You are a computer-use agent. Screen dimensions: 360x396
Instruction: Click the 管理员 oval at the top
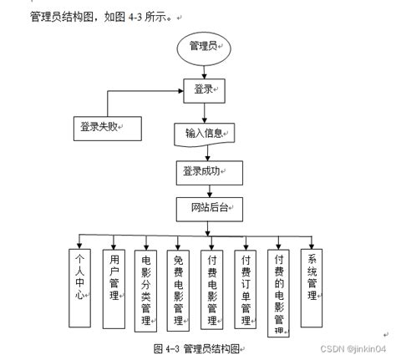203,46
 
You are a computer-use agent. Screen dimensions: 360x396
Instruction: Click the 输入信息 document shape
205,132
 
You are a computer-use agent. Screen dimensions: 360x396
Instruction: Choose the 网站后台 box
205,205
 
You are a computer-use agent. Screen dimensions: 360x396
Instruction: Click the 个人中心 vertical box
81,287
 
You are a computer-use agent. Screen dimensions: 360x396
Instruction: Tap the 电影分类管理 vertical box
146,289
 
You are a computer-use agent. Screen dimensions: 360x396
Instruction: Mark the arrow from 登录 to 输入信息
205,109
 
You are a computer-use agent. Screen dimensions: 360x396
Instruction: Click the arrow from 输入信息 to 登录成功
205,152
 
